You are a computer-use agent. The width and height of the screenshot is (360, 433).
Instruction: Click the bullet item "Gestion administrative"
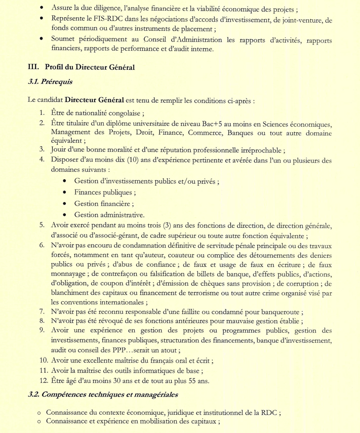(109, 215)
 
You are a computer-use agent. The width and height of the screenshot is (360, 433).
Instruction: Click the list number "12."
(44, 381)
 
